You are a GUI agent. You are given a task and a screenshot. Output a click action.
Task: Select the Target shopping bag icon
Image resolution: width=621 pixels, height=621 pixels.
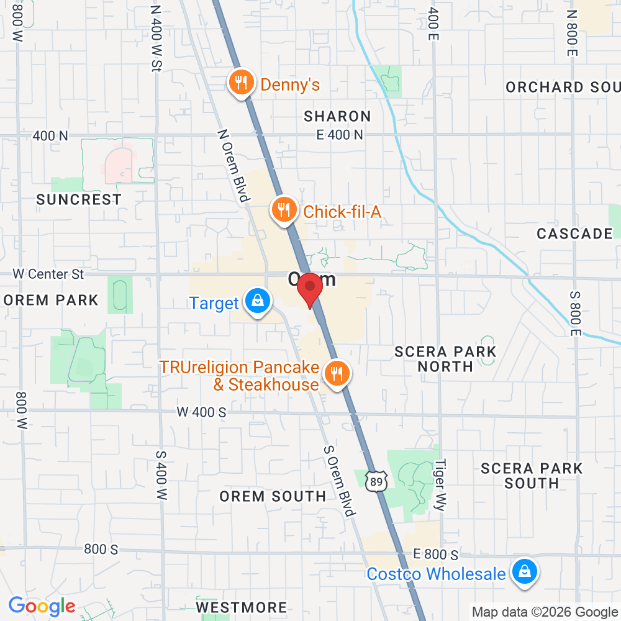(256, 302)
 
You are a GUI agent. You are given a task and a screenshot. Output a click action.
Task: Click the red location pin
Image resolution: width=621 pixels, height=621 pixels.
(309, 289)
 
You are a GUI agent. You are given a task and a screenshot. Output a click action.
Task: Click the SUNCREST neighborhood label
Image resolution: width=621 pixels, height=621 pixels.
(78, 199)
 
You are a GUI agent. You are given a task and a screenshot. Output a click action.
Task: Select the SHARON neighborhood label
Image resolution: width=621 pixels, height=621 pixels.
(337, 116)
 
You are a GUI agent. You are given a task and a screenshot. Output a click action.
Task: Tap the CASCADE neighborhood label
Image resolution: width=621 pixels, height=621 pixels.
(574, 233)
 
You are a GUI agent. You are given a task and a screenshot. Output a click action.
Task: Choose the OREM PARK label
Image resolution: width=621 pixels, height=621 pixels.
(51, 300)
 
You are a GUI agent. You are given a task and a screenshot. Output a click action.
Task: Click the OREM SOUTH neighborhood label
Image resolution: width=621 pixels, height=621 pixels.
(273, 496)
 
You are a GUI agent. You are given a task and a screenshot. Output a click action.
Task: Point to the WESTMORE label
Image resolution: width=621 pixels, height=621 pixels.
(241, 607)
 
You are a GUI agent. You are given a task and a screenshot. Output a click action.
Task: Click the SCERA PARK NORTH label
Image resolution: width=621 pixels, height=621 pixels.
(445, 359)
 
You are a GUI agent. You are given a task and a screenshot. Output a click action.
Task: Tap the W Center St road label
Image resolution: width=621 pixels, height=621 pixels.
(48, 273)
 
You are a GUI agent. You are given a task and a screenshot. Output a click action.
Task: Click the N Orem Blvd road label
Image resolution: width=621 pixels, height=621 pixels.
(233, 166)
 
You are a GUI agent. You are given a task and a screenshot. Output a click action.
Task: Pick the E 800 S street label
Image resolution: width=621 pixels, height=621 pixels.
(437, 554)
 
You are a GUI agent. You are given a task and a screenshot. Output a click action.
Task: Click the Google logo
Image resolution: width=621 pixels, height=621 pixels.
(42, 605)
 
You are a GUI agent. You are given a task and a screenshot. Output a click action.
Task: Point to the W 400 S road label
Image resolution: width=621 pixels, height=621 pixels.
(201, 411)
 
